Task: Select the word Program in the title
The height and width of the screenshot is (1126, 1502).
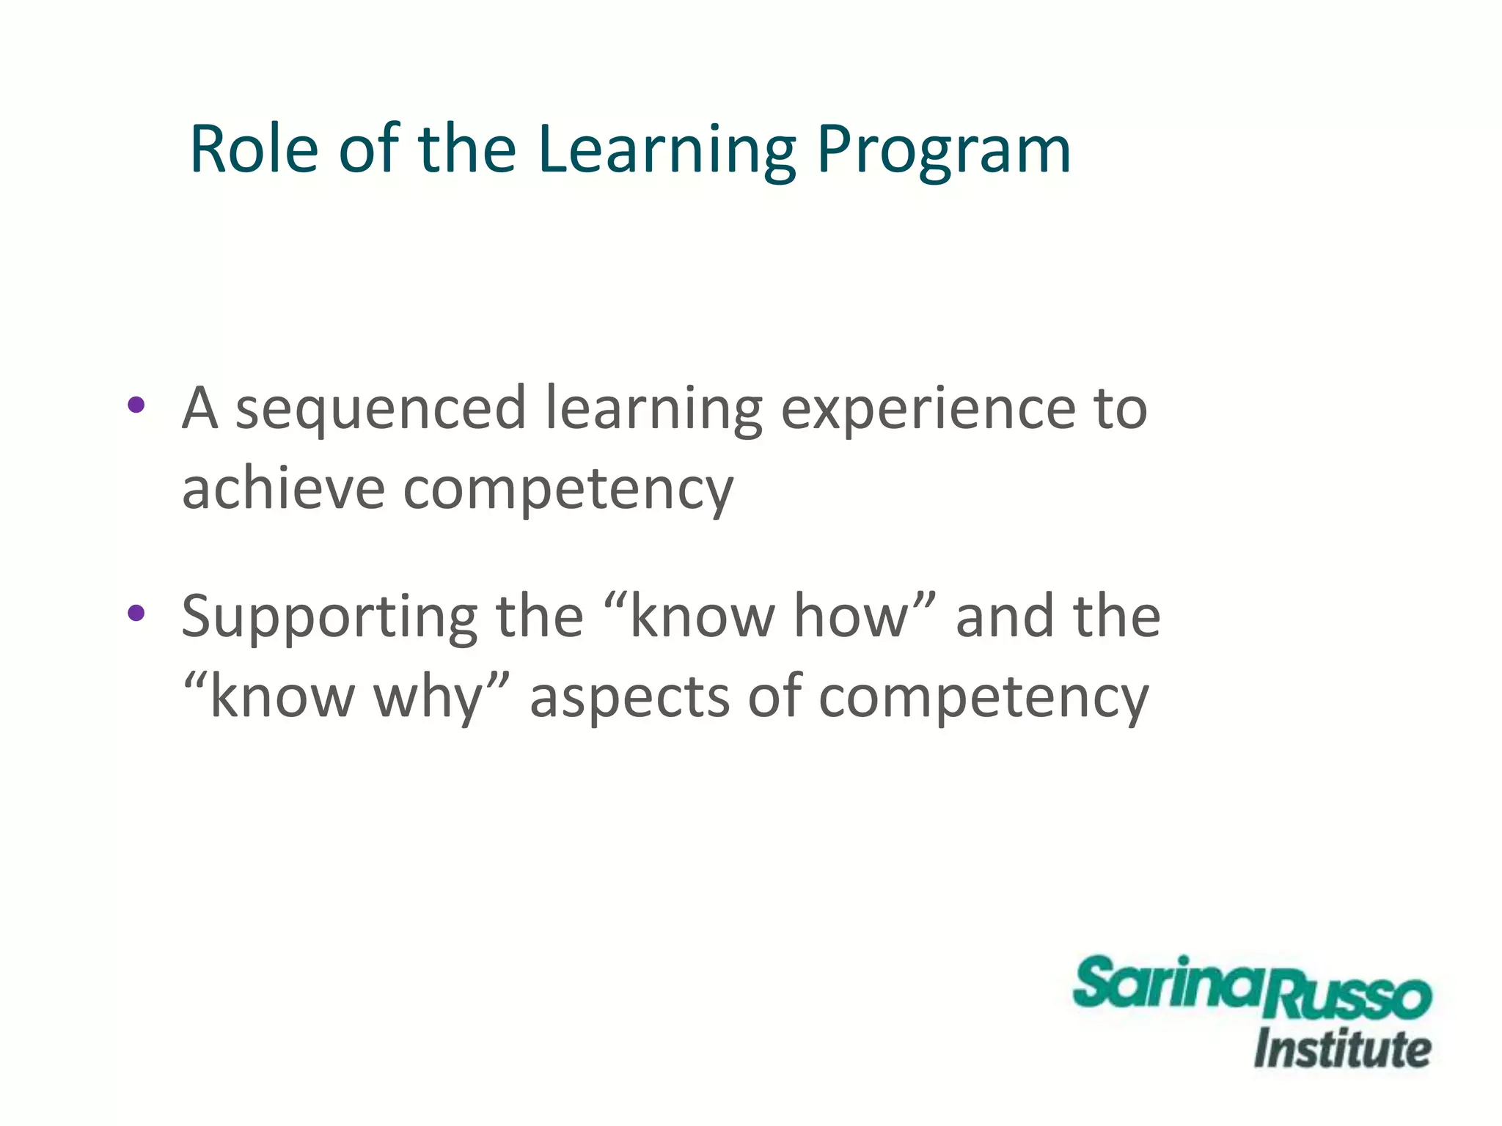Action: [x=943, y=150]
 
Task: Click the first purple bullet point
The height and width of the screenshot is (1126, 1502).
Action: [x=136, y=405]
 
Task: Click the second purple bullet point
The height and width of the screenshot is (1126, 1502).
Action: [x=136, y=613]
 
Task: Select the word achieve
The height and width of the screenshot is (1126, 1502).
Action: [x=283, y=489]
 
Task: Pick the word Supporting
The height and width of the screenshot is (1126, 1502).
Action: [x=328, y=618]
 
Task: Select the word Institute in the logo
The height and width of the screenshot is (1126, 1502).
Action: [x=1342, y=1049]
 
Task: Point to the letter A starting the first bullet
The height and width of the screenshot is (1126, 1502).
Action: [x=200, y=408]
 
